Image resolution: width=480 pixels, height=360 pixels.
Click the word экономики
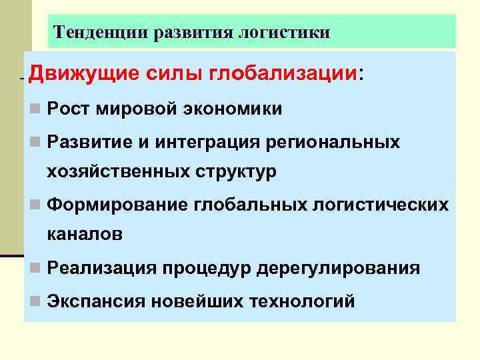pyautogui.click(x=229, y=109)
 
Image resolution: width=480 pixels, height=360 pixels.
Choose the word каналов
pyautogui.click(x=85, y=234)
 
